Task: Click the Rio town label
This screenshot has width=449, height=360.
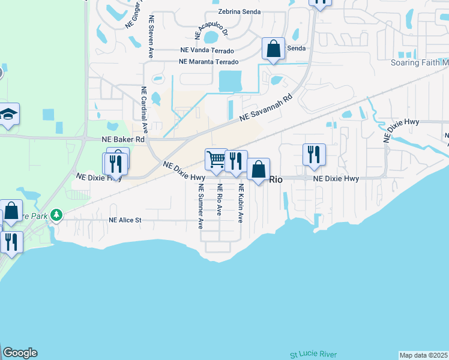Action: point(276,179)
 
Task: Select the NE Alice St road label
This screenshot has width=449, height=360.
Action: point(125,220)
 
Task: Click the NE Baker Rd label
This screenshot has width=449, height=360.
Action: point(123,139)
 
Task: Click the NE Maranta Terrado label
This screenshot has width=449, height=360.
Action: point(209,62)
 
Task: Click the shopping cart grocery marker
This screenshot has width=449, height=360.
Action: point(216,160)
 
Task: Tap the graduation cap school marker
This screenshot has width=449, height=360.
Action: point(8,114)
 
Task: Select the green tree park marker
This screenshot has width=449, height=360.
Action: point(56,214)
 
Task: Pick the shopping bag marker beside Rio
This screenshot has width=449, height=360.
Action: point(258,170)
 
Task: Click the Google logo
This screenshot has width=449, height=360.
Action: point(20,353)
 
